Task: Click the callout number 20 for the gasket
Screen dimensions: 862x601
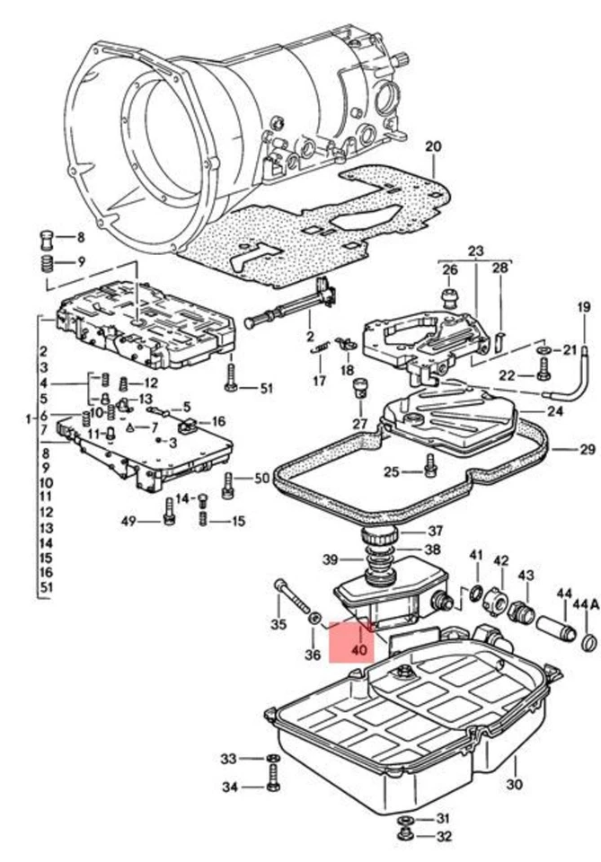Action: (433, 146)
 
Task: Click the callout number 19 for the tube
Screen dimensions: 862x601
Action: (584, 308)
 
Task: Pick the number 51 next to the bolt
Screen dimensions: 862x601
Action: (265, 388)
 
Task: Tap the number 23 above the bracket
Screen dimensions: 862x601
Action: (475, 251)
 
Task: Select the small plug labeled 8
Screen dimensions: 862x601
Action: (43, 239)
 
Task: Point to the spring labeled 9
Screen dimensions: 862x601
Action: (43, 263)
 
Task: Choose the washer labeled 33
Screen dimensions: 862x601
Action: (270, 759)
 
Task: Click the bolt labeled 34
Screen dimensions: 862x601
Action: (271, 787)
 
